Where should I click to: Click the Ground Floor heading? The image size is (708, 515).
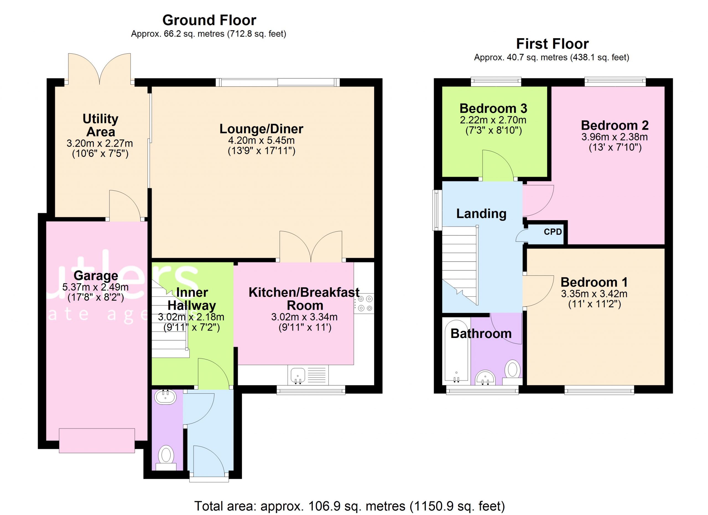click(209, 20)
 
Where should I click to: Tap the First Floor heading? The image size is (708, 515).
click(552, 44)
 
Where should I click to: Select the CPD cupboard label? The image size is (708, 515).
click(553, 232)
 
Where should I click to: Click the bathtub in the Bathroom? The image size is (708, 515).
click(456, 350)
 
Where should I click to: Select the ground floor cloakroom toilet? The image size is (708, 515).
click(166, 458)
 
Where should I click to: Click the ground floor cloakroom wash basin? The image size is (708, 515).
click(165, 397)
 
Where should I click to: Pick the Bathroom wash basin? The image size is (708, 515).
click(485, 378)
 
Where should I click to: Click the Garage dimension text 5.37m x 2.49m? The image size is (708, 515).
click(95, 287)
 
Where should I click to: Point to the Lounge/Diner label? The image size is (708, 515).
click(261, 129)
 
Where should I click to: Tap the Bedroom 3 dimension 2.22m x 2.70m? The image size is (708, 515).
click(493, 120)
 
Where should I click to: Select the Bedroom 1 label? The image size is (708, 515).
click(594, 282)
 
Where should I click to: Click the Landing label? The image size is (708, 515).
click(481, 214)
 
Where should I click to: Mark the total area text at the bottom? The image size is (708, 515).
click(350, 506)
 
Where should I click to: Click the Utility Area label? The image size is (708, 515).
click(100, 125)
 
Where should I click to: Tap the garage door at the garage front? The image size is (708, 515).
click(97, 440)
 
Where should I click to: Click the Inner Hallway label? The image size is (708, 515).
click(192, 299)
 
